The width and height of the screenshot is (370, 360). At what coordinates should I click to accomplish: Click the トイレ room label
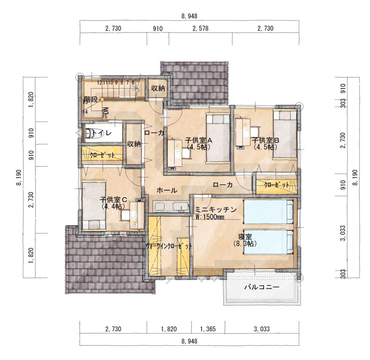102,133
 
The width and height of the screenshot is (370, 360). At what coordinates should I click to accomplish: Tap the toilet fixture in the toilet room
88,133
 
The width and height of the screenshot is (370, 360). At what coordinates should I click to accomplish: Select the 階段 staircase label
91,100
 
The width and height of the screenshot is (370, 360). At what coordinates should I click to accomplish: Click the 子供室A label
199,141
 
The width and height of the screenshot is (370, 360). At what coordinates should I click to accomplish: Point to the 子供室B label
266,141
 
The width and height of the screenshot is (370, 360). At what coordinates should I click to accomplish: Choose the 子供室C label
113,200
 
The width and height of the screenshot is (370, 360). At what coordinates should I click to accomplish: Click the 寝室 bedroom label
245,237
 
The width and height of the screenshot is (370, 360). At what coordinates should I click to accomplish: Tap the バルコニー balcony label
262,287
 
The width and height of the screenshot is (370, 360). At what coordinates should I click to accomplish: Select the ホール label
167,190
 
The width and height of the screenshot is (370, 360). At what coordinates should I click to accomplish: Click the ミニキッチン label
216,209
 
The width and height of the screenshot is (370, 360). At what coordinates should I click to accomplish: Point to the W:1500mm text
209,217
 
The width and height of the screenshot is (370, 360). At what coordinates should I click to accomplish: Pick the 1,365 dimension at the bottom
208,329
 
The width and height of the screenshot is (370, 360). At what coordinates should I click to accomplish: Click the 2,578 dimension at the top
200,29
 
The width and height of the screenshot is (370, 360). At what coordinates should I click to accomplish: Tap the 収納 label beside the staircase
158,89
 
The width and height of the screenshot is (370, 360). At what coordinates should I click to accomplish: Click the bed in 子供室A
218,138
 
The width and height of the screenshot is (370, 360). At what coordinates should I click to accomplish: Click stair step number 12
99,82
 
